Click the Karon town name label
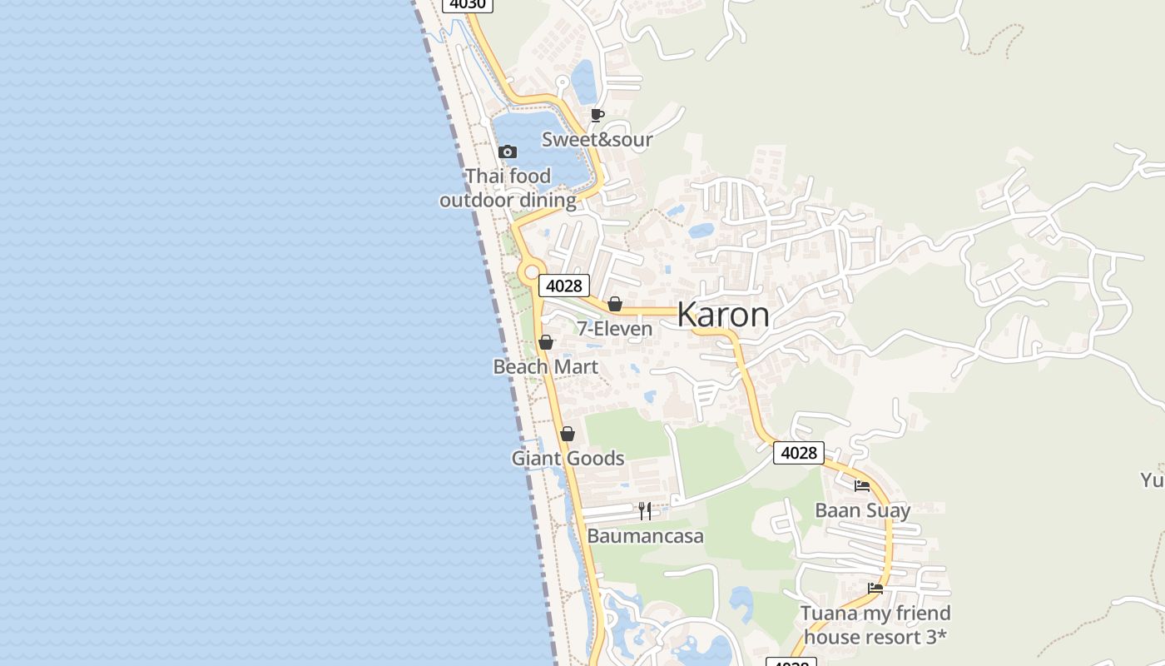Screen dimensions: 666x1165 [x=723, y=315]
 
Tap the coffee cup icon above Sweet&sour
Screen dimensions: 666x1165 [x=597, y=115]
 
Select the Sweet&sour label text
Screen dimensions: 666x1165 [x=597, y=139]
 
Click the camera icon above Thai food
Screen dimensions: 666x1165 [x=508, y=152]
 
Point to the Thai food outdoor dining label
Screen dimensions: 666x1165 [x=508, y=188]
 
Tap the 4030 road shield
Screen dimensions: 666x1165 [x=467, y=4]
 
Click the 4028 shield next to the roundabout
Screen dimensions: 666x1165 [x=564, y=286]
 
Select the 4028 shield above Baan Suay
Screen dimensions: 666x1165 [x=798, y=452]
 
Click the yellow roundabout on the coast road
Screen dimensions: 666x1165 [x=531, y=272]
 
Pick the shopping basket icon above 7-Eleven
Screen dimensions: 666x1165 [x=615, y=305]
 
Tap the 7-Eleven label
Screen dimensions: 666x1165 [x=615, y=329]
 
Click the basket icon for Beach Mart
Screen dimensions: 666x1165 [x=546, y=342]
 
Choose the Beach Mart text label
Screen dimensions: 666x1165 [x=546, y=366]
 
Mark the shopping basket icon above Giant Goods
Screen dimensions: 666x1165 [x=568, y=434]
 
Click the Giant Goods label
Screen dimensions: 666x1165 [x=568, y=458]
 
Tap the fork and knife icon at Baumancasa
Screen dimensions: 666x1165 [x=645, y=510]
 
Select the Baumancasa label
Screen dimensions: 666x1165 [x=645, y=535]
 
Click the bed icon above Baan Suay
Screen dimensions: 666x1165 [x=862, y=485]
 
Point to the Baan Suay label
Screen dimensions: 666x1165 [x=862, y=509]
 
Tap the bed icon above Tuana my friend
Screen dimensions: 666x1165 [x=875, y=588]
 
